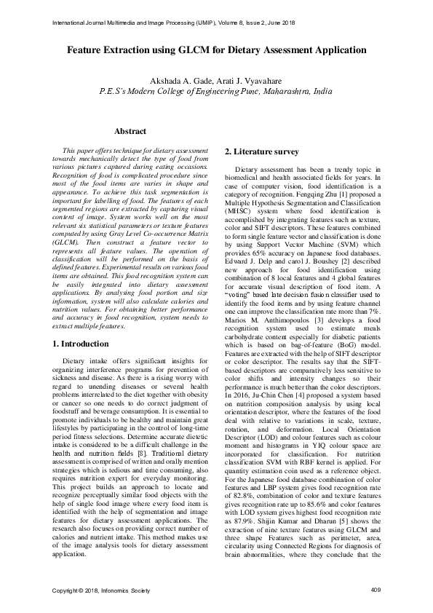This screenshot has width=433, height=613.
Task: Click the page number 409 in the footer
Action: tap(376, 589)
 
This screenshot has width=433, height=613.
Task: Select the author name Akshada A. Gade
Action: tap(179, 80)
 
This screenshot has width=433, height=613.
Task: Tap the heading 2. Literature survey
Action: tap(261, 151)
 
